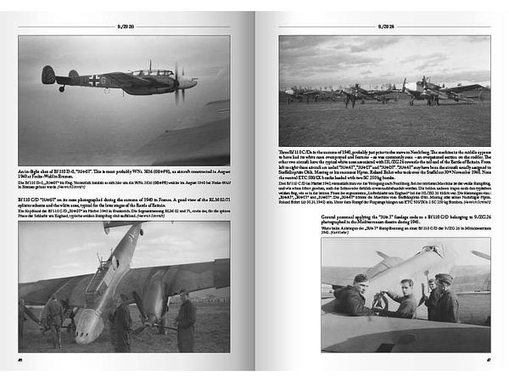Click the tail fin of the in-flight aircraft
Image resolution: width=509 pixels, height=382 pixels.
[x=49, y=75]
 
